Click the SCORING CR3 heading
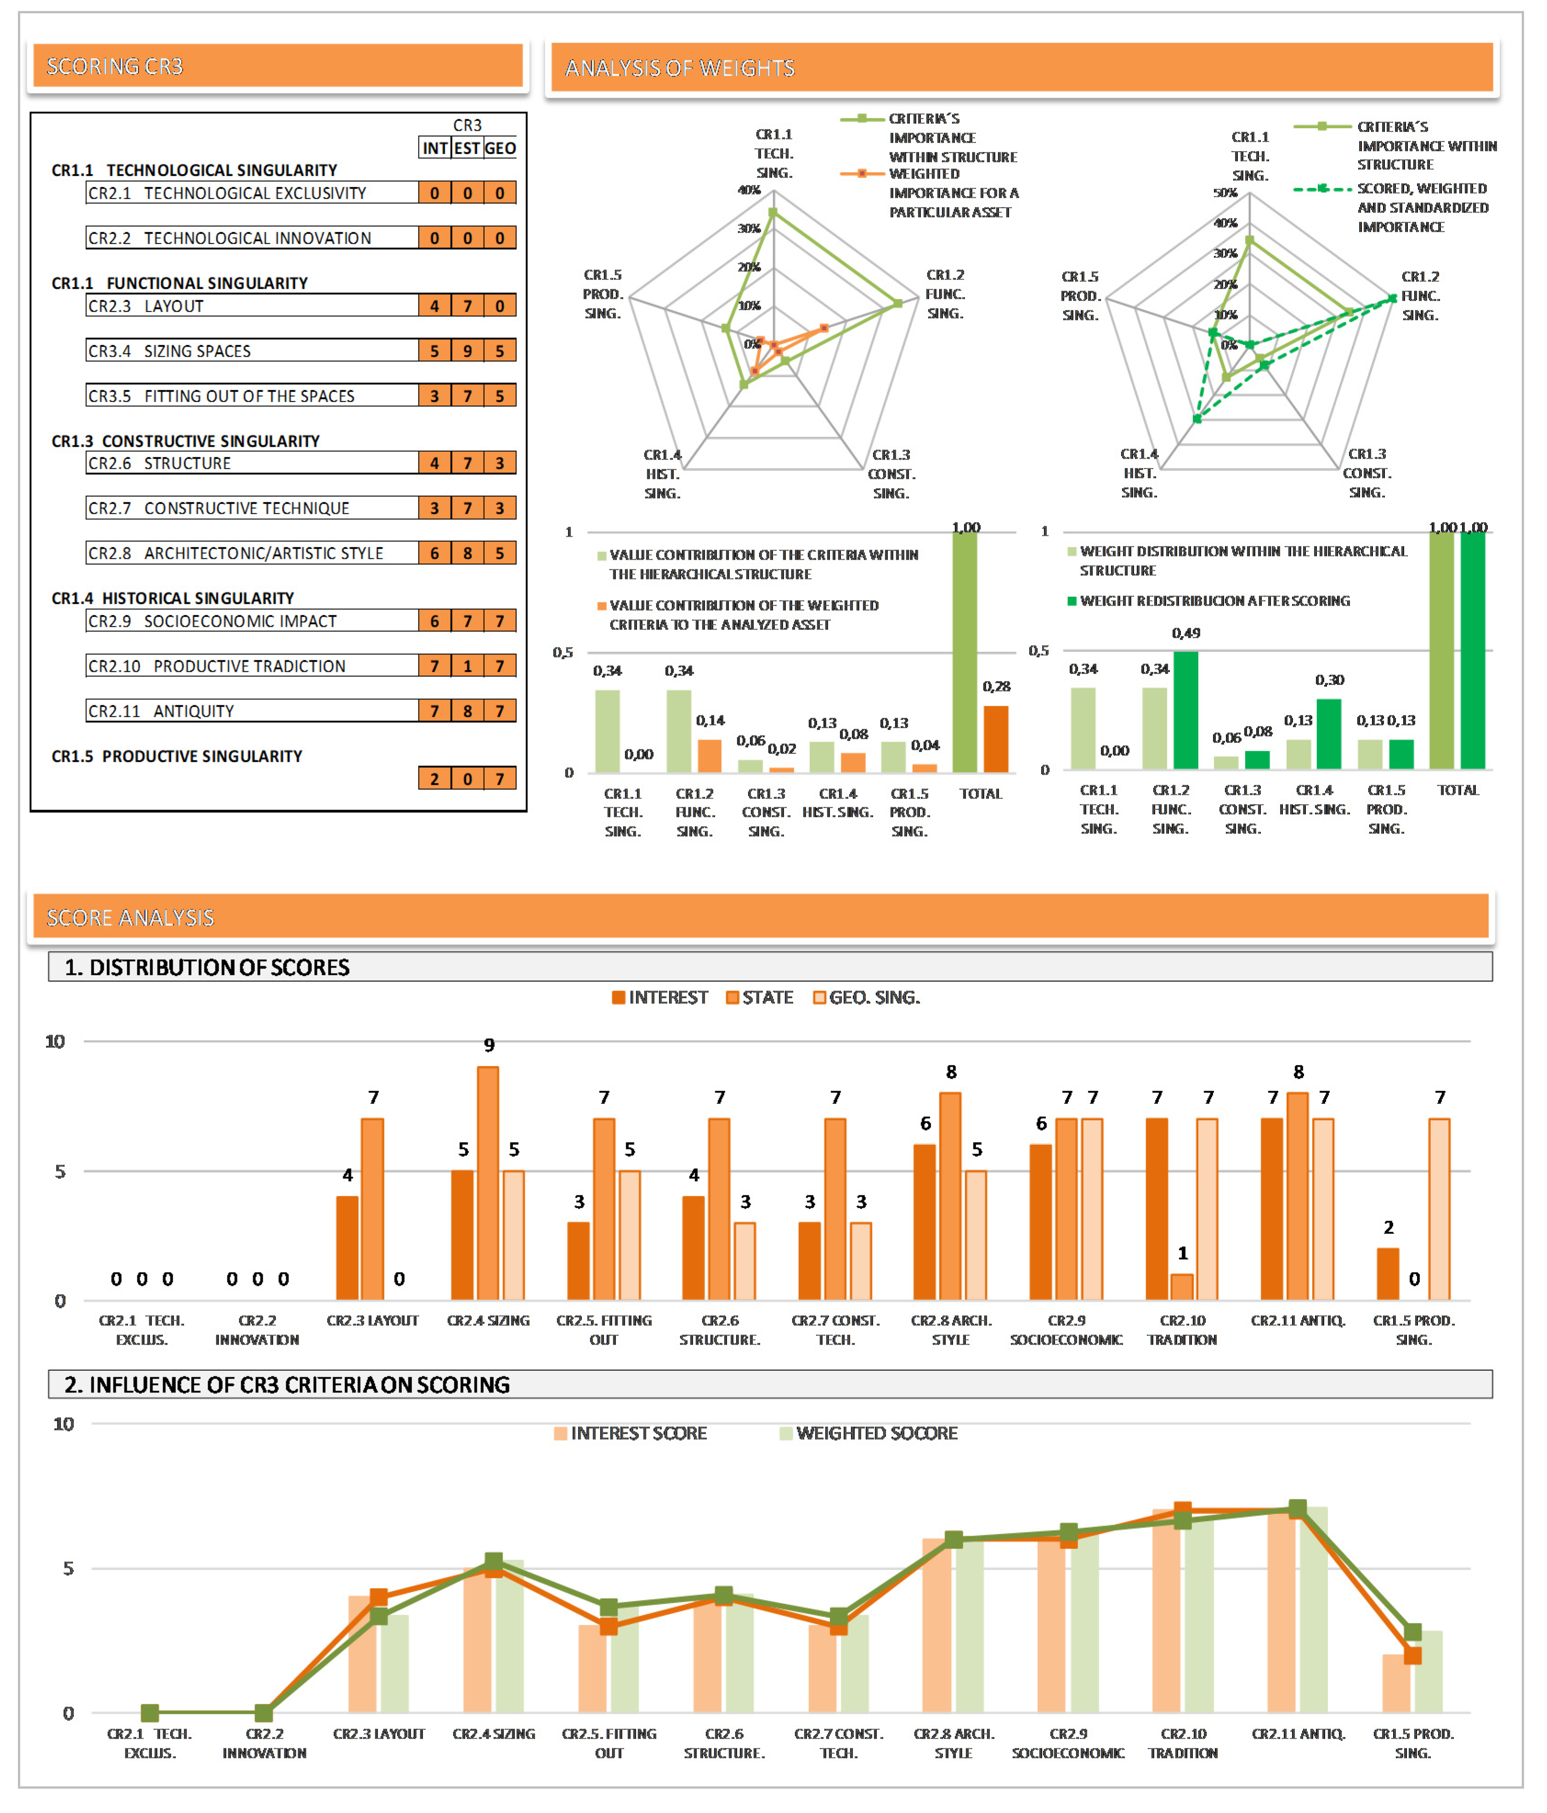coord(115,67)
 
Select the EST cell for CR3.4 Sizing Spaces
coord(467,351)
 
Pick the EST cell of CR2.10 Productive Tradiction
coord(467,666)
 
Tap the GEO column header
coord(500,148)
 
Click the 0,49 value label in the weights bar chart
coord(1186,633)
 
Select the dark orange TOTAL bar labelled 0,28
coord(996,739)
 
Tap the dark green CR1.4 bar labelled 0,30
coord(1328,734)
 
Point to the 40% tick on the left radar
coord(749,190)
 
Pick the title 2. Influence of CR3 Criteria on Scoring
coord(287,1384)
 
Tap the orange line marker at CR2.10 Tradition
coord(1182,1510)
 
